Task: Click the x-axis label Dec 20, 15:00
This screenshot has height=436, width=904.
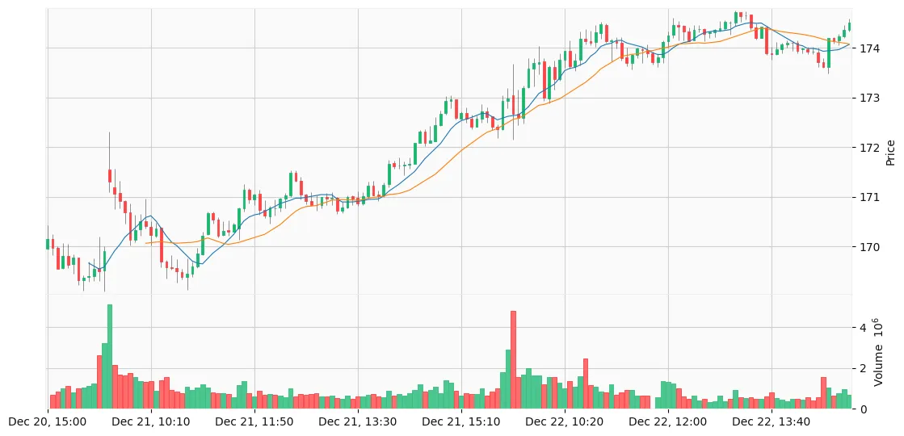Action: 48,421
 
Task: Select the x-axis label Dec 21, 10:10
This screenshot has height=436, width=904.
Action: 151,421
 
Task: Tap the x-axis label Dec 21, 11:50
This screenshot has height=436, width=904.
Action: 254,421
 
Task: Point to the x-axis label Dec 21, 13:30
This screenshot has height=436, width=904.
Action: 358,421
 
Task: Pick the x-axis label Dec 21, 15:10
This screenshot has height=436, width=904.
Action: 461,421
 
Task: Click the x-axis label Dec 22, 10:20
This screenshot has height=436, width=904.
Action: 564,421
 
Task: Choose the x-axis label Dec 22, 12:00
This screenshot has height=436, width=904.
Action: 667,421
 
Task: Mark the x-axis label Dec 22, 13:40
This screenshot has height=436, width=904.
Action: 771,421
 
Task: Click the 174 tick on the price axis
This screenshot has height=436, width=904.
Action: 869,48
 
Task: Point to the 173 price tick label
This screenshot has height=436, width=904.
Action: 869,98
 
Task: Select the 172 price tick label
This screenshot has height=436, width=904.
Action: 869,148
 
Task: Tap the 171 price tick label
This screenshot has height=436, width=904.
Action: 869,197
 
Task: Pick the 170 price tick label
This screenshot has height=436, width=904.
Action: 869,247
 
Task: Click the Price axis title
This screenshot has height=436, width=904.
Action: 891,152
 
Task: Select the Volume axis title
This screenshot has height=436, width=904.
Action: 891,352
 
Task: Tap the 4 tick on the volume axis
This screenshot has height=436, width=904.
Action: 863,327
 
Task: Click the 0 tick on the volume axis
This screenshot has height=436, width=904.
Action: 863,409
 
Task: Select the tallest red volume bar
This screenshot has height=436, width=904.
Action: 513,360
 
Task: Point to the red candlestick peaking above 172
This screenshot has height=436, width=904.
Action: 110,176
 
